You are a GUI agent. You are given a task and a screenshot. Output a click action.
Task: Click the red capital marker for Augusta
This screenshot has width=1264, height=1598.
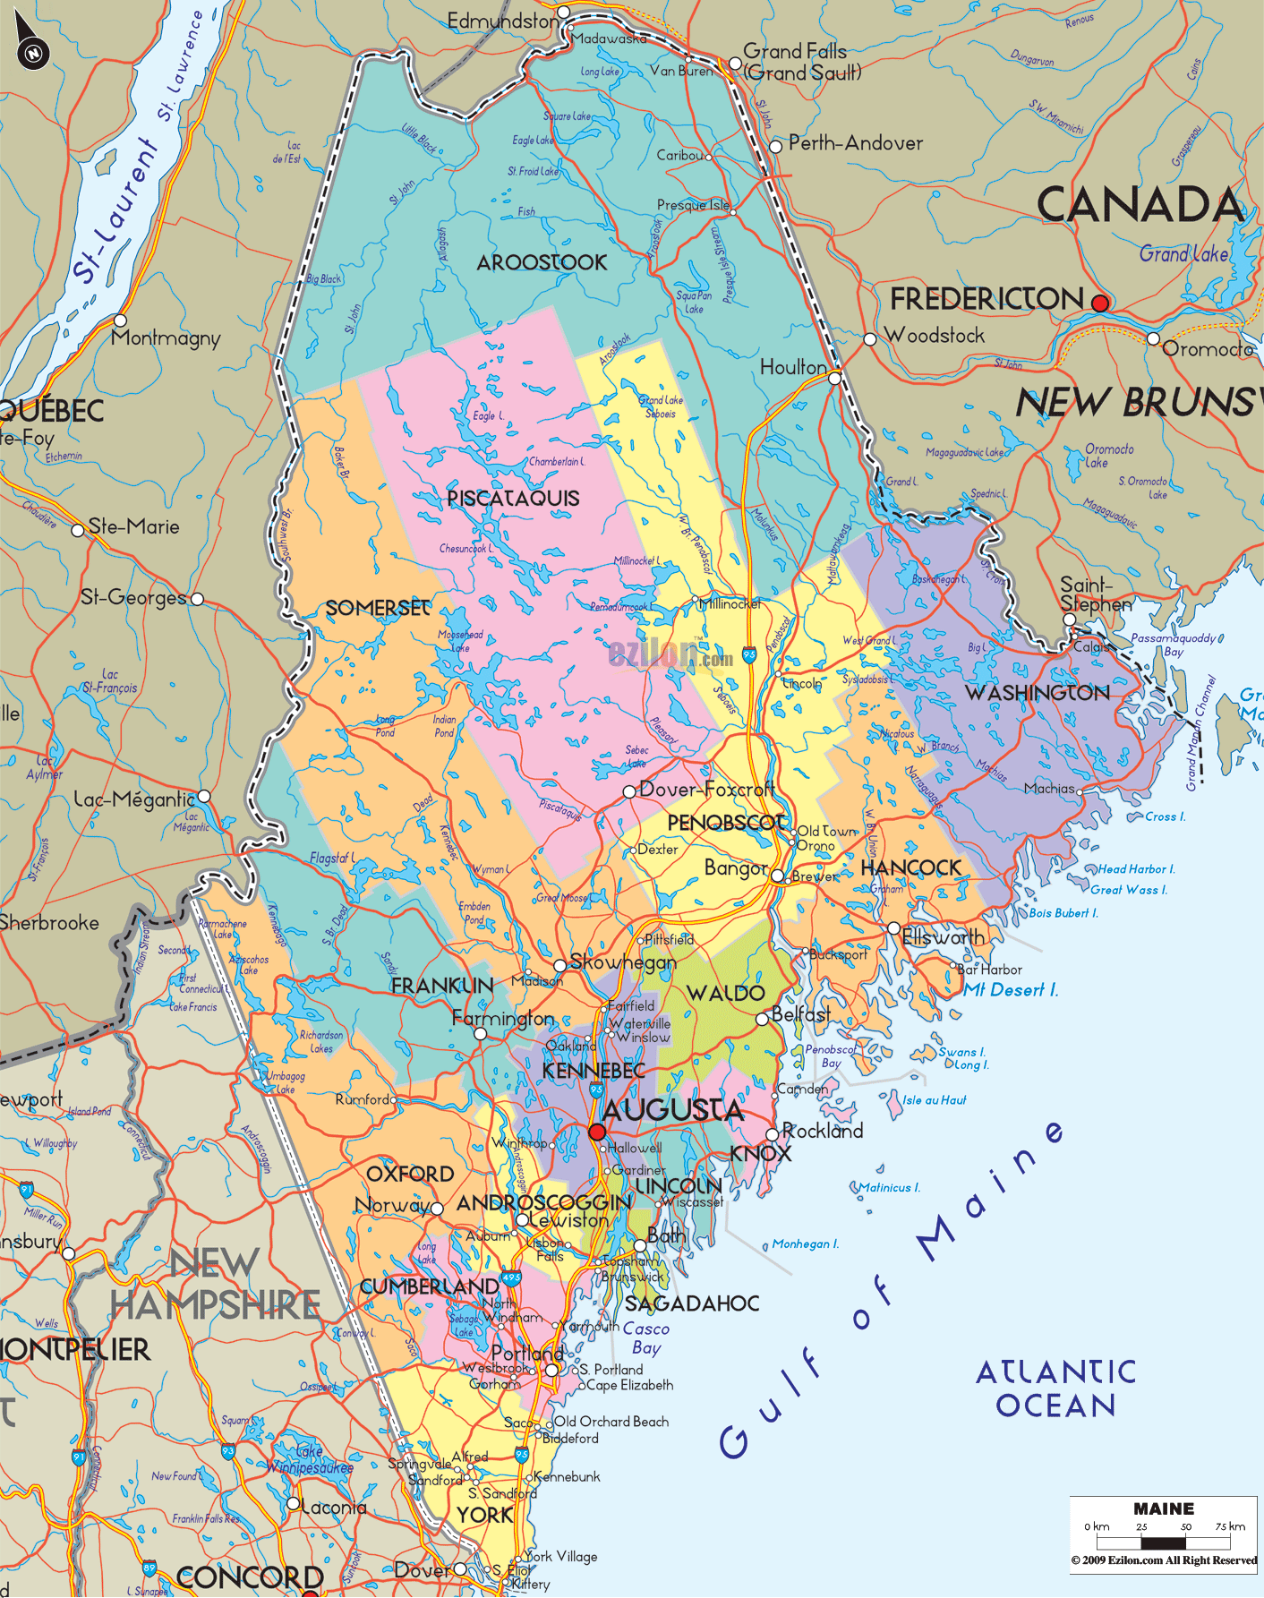pos(597,1132)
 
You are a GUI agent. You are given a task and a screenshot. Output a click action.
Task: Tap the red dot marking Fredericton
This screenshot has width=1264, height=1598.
pos(1100,303)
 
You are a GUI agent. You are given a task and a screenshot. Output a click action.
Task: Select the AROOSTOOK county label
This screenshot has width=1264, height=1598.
pos(542,263)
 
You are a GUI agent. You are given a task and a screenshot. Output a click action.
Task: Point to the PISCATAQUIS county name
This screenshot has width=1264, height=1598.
pos(513,499)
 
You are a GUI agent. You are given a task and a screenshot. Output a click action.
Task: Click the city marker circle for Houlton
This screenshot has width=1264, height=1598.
pos(834,379)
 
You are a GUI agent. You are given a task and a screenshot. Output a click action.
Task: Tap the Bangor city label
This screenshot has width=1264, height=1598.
pos(735,868)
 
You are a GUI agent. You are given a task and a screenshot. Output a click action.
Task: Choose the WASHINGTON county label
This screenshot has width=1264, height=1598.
pos(1037,693)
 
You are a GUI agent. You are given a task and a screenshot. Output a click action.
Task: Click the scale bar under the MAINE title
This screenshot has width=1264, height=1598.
pos(1163,1542)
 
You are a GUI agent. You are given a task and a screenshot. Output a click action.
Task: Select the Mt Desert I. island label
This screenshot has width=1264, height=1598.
pos(1011,990)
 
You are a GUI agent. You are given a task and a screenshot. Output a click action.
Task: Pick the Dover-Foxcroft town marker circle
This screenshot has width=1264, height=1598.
pos(629,791)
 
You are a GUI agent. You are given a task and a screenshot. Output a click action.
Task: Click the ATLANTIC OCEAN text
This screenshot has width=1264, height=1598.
pos(1055,1389)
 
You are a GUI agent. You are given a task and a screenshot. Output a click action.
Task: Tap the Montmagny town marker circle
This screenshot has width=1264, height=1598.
pos(120,320)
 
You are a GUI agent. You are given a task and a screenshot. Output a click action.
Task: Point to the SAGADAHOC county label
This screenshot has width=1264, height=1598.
pos(692,1303)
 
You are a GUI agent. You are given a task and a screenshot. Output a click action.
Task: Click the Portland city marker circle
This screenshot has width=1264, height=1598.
pos(552,1370)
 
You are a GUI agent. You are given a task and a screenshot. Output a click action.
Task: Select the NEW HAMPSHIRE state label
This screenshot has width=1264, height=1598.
pos(215,1285)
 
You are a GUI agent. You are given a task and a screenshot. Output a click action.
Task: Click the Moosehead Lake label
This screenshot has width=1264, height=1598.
pos(460,641)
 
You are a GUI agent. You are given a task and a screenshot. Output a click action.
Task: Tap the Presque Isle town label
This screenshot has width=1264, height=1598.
pos(692,206)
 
